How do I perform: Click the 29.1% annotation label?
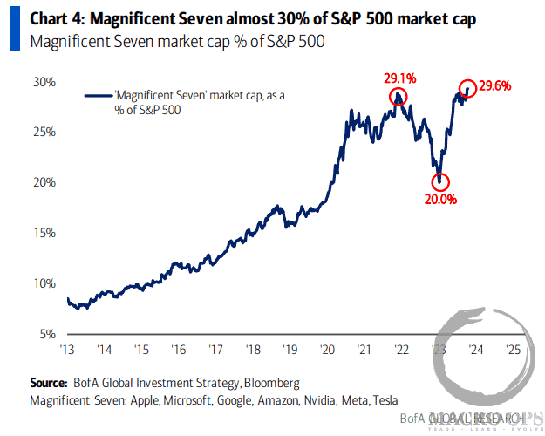399,78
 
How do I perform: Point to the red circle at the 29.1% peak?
399,96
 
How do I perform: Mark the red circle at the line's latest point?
467,88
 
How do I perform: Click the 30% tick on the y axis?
44,82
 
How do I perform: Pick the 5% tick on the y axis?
47,334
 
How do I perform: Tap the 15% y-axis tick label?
44,234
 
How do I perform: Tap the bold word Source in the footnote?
48,383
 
